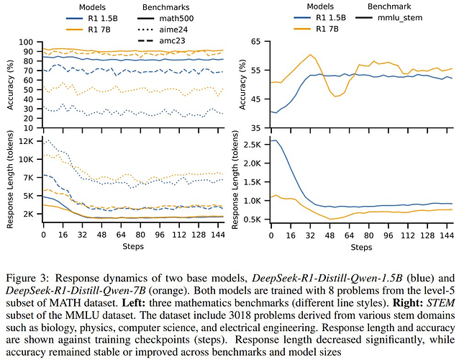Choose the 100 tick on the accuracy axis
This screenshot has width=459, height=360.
[x=27, y=42]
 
